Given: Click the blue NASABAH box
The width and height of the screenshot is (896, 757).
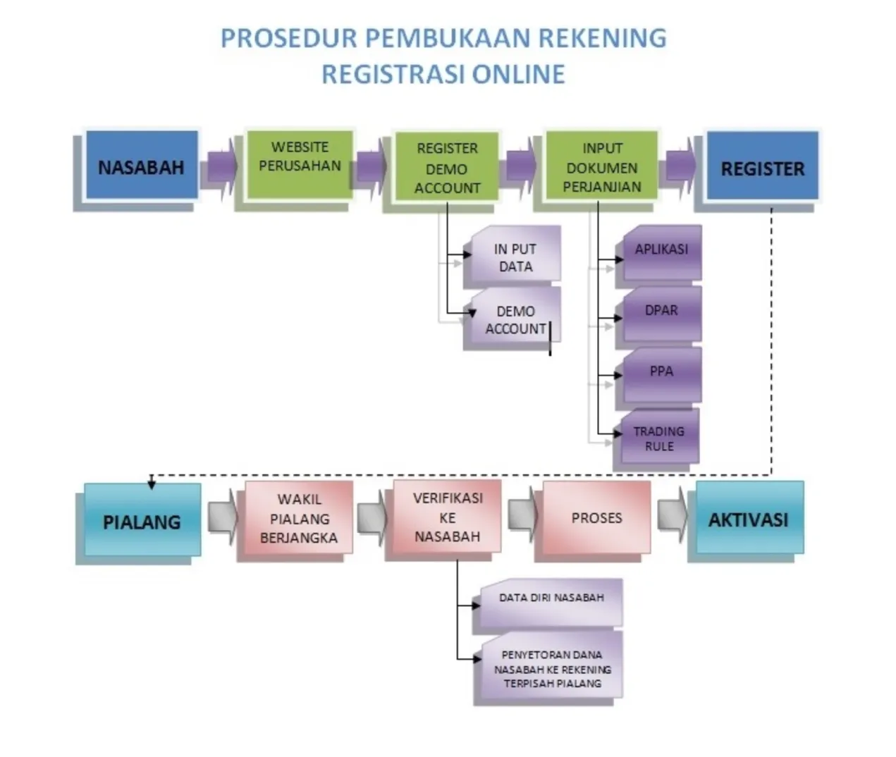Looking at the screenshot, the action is [142, 165].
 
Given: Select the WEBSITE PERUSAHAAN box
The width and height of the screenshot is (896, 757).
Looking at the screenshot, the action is [300, 165].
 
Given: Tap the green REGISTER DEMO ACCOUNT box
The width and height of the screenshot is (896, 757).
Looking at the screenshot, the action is [447, 166].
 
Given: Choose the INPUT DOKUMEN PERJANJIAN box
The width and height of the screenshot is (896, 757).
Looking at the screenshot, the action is [601, 165].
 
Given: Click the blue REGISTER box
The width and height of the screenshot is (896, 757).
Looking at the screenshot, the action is [763, 166].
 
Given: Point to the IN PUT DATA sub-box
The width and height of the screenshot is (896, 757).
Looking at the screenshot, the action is [516, 253].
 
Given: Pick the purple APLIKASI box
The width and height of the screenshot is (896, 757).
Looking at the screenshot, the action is [663, 253].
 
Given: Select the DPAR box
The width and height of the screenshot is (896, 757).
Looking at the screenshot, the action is [663, 314].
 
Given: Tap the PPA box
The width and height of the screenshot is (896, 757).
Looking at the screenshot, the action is [663, 375].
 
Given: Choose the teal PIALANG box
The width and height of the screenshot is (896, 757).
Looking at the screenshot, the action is [142, 519].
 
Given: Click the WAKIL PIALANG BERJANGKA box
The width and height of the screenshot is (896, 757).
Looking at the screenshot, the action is [299, 517].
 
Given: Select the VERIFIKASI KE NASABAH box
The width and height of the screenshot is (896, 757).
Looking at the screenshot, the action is [447, 516].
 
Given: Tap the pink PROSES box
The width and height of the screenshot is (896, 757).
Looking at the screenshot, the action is [597, 517].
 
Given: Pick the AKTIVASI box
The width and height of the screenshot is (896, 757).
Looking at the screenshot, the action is [749, 517].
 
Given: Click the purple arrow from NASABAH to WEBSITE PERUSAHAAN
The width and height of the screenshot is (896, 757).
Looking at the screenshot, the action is [222, 166].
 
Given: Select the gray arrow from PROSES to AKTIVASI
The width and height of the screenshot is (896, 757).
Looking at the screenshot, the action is [673, 515].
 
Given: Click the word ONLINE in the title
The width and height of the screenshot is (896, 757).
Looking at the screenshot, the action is [518, 74].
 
